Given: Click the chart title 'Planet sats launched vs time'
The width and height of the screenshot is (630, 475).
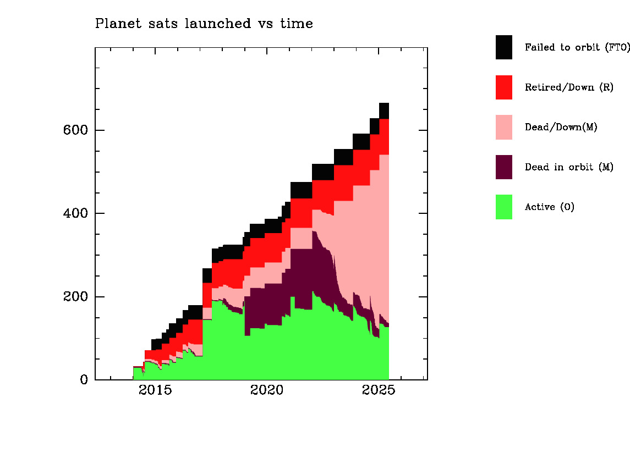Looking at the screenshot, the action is tap(204, 24).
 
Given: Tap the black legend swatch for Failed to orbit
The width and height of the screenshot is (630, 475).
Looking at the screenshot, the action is tap(504, 47).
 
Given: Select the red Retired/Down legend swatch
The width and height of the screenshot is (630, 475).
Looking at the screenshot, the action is tap(504, 87).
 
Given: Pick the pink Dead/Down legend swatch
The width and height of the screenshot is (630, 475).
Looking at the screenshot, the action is tap(504, 128).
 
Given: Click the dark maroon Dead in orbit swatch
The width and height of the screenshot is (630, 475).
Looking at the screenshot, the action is tap(504, 167).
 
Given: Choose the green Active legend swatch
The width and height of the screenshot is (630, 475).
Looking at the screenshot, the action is tap(504, 207).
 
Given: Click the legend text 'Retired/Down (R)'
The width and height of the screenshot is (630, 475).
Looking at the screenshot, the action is tap(569, 87).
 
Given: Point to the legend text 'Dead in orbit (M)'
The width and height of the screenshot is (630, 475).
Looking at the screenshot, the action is tap(569, 167).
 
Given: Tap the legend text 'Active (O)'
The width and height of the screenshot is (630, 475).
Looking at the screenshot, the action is tap(550, 207).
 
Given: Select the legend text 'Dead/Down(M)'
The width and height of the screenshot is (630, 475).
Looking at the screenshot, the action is tap(561, 128).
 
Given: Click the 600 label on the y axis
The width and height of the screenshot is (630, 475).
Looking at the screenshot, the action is tap(75, 130).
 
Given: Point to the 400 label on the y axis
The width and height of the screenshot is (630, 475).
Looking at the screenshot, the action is tap(75, 213).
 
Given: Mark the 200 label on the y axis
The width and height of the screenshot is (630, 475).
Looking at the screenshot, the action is tap(75, 296).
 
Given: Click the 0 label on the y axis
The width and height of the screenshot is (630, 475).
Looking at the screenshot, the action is tap(84, 379).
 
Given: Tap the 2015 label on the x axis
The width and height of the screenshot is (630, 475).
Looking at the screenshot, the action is tap(155, 390).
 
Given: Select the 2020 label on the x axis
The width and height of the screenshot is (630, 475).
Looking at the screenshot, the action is tap(267, 390).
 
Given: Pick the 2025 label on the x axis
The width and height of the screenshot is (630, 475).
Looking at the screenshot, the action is tap(379, 390).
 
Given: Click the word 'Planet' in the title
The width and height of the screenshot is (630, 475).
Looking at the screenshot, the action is tap(118, 24).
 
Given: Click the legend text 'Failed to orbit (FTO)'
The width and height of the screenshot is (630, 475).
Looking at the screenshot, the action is tap(577, 47).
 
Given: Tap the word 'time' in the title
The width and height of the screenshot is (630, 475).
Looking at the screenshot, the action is tap(297, 24).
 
